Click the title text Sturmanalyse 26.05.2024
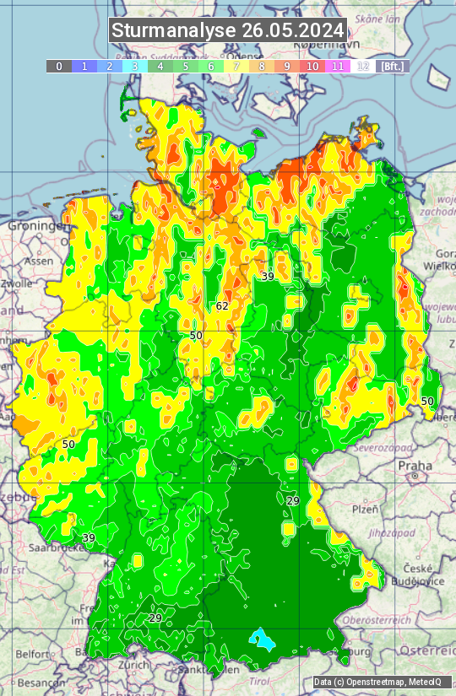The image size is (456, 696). pyautogui.click(x=228, y=30)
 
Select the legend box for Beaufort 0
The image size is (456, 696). pyautogui.click(x=58, y=66)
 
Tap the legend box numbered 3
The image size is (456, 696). pyautogui.click(x=134, y=66)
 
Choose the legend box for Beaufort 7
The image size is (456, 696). pyautogui.click(x=236, y=66)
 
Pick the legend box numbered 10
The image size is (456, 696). pyautogui.click(x=312, y=66)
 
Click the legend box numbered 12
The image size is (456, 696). pyautogui.click(x=363, y=66)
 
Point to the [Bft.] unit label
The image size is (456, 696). pyautogui.click(x=392, y=66)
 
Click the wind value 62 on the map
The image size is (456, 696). pyautogui.click(x=222, y=305)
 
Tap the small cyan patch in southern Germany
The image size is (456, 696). pyautogui.click(x=264, y=640)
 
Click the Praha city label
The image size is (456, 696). pyautogui.click(x=415, y=465)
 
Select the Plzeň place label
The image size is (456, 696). pyautogui.click(x=365, y=509)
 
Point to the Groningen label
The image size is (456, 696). pyautogui.click(x=37, y=226)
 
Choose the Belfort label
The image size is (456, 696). pyautogui.click(x=32, y=653)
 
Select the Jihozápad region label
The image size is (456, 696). pyautogui.click(x=390, y=533)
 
